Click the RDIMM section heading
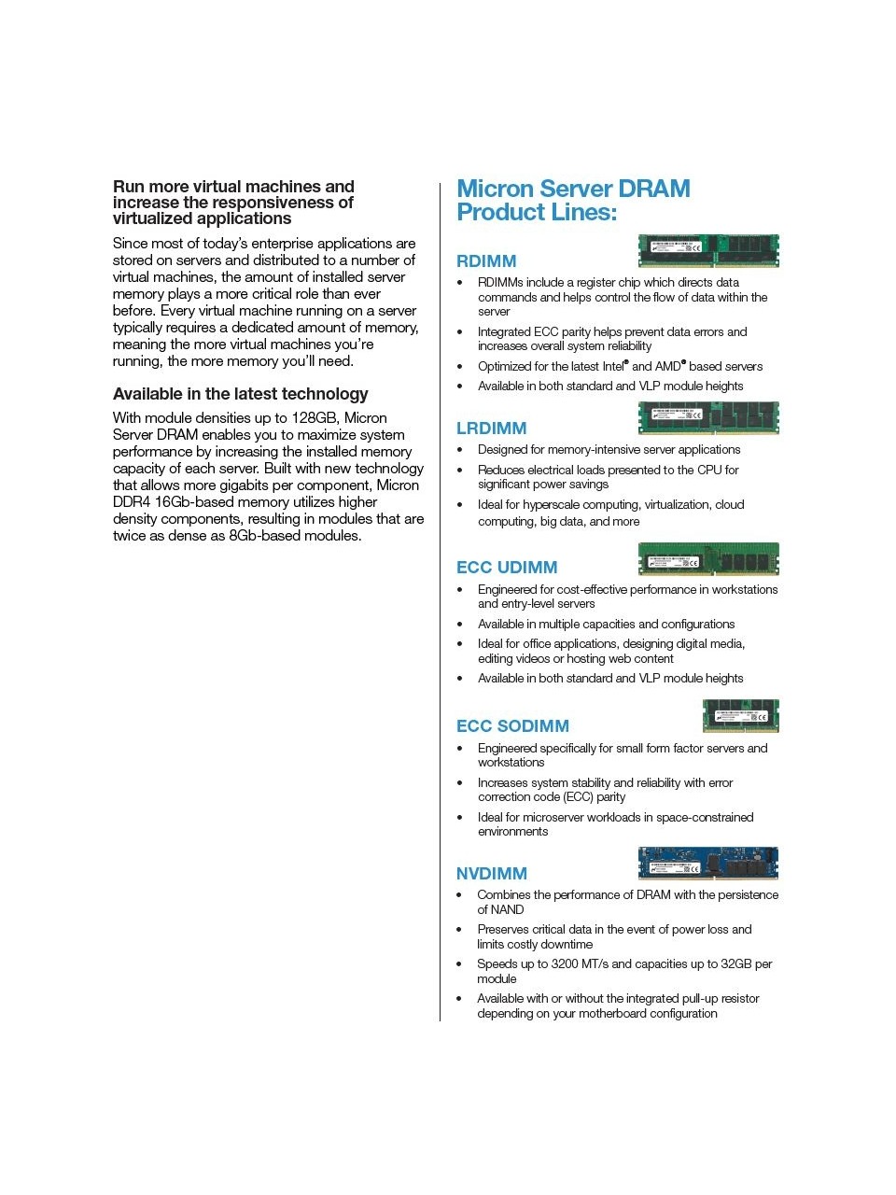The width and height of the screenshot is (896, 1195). (x=486, y=261)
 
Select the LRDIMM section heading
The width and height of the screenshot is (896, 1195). (x=491, y=429)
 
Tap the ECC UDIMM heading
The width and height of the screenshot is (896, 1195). (x=507, y=568)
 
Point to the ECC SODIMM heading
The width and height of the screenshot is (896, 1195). (x=512, y=726)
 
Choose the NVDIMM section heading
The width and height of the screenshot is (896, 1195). (x=491, y=874)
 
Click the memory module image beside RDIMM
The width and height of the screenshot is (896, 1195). (x=708, y=250)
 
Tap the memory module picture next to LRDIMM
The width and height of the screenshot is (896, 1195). (x=708, y=417)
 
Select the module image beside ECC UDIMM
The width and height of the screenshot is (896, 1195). (x=708, y=558)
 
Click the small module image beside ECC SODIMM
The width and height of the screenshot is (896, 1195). (x=740, y=716)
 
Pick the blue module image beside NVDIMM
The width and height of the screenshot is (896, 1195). (x=708, y=864)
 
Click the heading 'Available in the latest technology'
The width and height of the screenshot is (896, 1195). (x=241, y=394)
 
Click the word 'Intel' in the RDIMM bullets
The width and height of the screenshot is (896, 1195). (x=612, y=367)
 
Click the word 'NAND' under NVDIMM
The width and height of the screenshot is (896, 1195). (x=508, y=910)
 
